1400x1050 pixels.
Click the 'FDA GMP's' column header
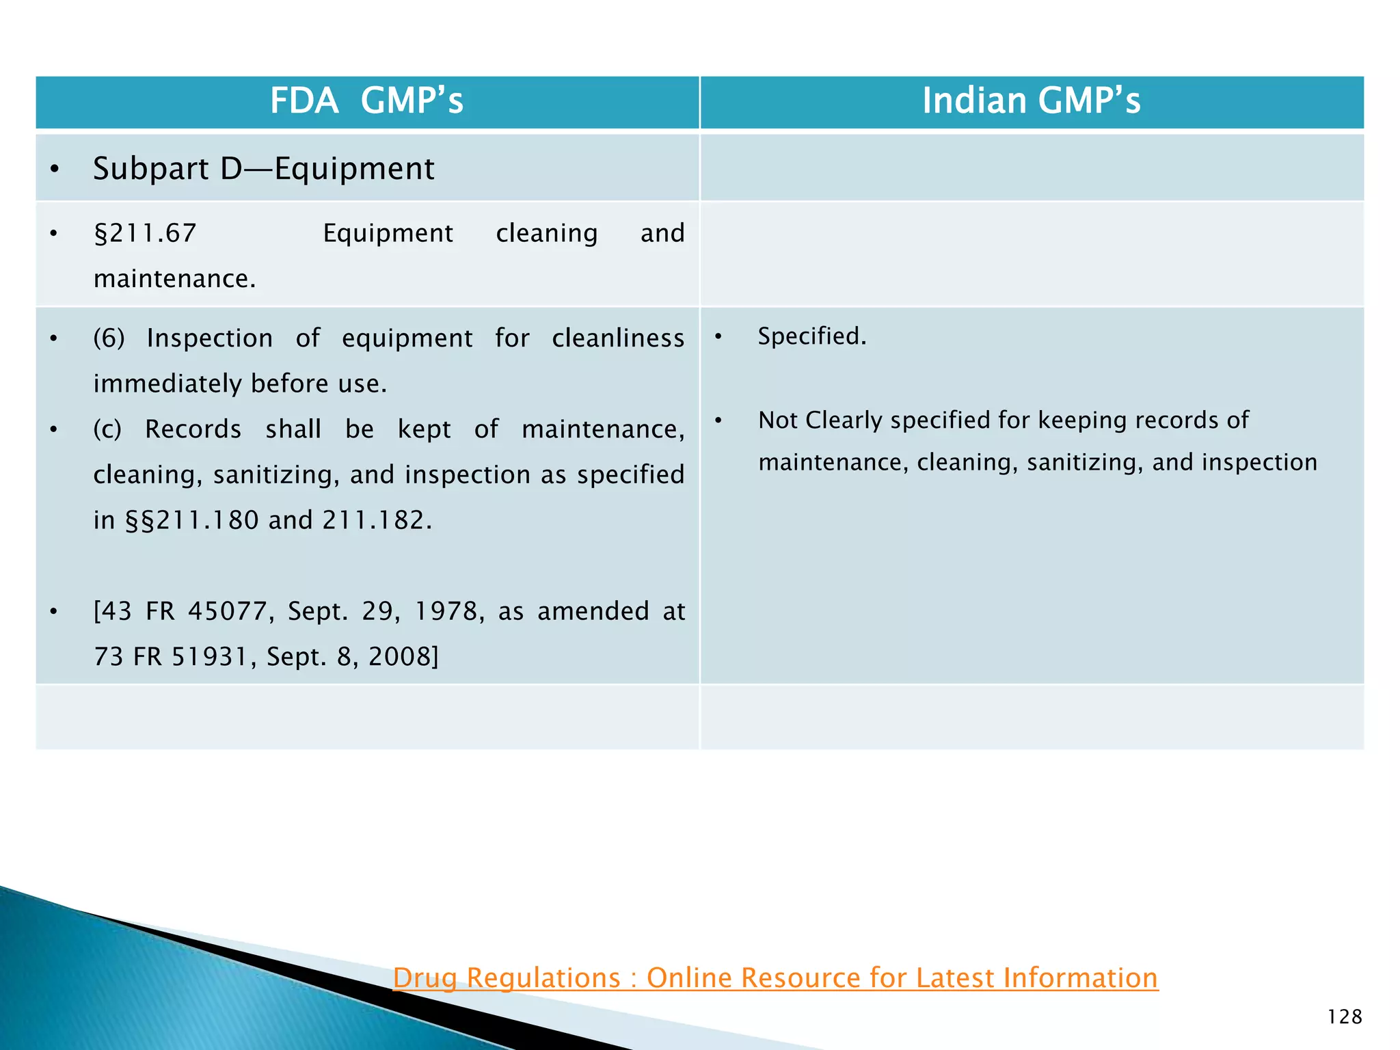(366, 101)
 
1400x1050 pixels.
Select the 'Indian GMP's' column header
(1031, 101)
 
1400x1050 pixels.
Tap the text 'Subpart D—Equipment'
(263, 169)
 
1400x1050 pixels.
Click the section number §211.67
(145, 234)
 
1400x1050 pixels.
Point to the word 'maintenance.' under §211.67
(174, 279)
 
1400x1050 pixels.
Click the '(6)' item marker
(109, 338)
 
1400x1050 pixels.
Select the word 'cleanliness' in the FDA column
(617, 338)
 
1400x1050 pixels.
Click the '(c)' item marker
(107, 429)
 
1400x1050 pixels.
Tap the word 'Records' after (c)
(193, 429)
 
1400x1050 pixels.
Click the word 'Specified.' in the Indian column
(811, 336)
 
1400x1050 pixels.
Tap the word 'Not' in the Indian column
(778, 420)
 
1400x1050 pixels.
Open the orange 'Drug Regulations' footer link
(775, 978)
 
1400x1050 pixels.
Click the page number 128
(1344, 1017)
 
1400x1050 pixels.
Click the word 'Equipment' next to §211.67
(388, 234)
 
